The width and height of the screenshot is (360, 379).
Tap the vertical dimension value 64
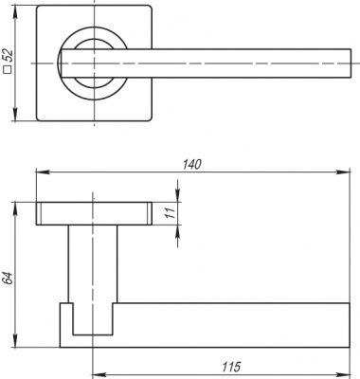9,279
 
